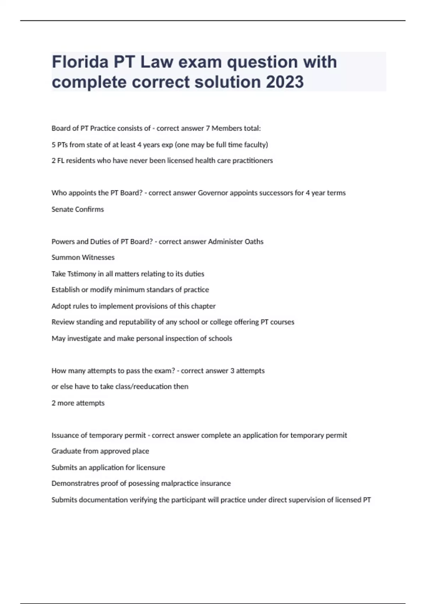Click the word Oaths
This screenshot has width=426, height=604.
pyautogui.click(x=254, y=242)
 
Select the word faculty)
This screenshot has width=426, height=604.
pyautogui.click(x=256, y=145)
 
